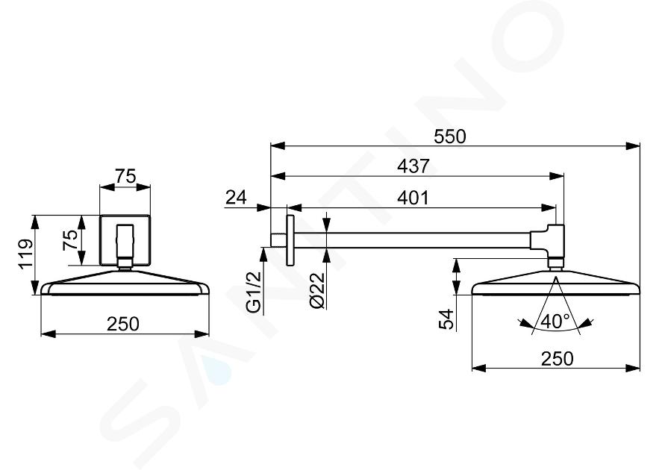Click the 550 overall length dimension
[449, 137]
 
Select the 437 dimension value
[413, 166]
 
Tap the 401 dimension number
[413, 198]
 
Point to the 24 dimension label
[236, 197]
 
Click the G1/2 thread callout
[254, 292]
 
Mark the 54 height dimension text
[446, 319]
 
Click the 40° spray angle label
[555, 321]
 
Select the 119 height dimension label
[25, 254]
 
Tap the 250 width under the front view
[123, 325]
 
